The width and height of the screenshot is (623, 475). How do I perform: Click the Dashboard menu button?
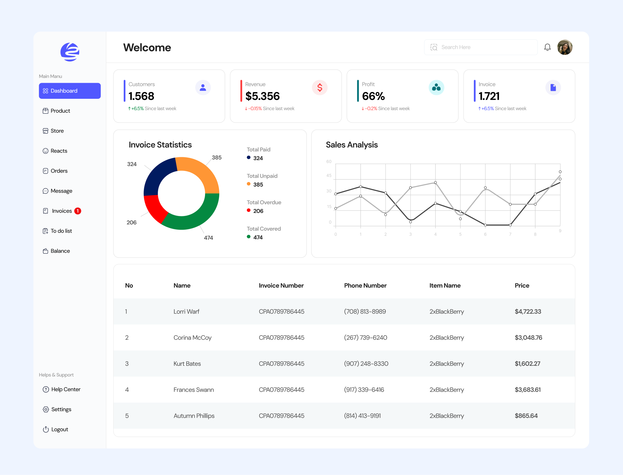(x=70, y=91)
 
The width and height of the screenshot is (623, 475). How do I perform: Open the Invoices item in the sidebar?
(x=62, y=211)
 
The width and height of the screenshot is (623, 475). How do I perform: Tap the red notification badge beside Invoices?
(x=78, y=211)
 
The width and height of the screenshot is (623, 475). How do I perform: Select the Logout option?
(x=59, y=429)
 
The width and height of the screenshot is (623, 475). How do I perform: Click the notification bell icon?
(x=547, y=47)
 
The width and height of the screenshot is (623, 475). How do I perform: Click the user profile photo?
(x=565, y=47)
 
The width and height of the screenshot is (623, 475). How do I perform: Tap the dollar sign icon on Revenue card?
(x=320, y=88)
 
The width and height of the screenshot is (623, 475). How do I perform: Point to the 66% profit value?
(x=373, y=96)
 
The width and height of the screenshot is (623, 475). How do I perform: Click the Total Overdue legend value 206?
(x=258, y=211)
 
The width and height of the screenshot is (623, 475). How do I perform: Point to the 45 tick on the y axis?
(x=329, y=176)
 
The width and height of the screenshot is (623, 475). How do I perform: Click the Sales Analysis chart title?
(x=352, y=145)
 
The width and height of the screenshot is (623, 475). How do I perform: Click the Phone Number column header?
(x=365, y=285)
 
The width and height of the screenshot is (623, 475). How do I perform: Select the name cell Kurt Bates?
(x=187, y=364)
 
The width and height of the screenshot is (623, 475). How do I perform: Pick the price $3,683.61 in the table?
(x=527, y=390)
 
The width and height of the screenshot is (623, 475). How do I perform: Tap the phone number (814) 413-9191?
(x=362, y=416)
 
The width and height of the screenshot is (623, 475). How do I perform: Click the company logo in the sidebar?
(x=70, y=52)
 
